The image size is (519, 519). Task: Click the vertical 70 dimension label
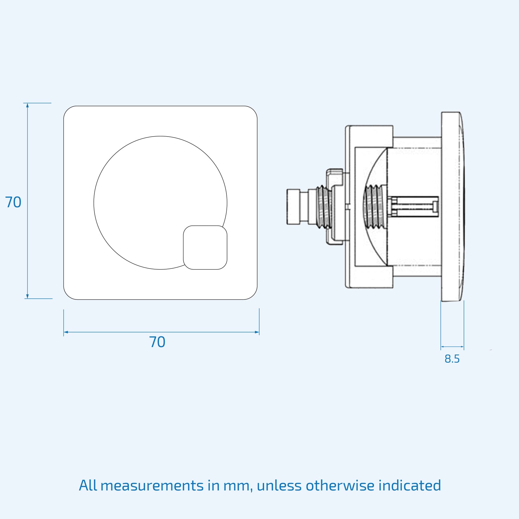coord(13,202)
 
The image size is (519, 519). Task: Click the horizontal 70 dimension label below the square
coord(157,342)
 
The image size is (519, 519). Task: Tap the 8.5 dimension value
coord(452,359)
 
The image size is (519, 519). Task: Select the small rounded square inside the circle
coord(205,247)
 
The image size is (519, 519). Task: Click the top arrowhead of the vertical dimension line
coord(28,105)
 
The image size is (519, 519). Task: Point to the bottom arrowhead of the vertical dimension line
coord(28,296)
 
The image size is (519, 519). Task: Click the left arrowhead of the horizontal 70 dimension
coord(66,332)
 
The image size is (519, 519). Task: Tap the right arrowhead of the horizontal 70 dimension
coord(257,332)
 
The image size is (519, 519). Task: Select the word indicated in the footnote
coord(409,486)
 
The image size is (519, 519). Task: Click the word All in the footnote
coord(88,486)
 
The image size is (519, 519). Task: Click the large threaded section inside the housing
coord(374,207)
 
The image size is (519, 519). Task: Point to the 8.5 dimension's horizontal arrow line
coord(452,347)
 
